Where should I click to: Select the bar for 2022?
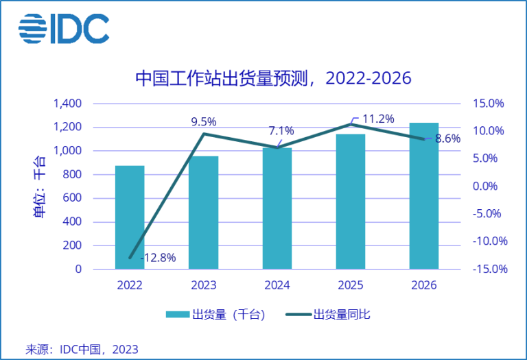(x=130, y=217)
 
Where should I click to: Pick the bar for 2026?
(x=424, y=195)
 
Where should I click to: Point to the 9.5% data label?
(x=204, y=122)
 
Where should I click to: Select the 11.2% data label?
(x=377, y=119)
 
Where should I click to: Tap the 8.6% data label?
(x=448, y=139)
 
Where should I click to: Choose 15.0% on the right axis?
(x=488, y=104)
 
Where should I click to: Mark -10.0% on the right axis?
(x=488, y=241)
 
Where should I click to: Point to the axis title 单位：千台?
(x=39, y=187)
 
